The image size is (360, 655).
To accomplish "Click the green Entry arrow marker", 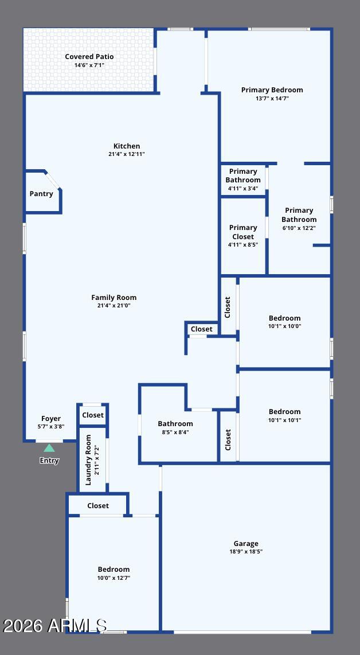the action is point(49,448).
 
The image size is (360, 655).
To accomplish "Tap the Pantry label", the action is point(41,194).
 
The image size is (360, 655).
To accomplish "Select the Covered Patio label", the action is point(89,57).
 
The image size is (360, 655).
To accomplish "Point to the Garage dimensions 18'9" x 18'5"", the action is point(246,551).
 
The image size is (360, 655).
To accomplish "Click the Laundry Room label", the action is point(88,460).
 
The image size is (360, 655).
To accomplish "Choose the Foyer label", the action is point(51,419).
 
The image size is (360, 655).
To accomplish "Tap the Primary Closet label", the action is point(243,232).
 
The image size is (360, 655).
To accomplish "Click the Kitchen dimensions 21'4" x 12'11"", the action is point(127,154).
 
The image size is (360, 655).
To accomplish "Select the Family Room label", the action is point(114,298).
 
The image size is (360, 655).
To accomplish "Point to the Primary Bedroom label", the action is point(272,90).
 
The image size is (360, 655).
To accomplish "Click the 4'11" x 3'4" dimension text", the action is point(243,188).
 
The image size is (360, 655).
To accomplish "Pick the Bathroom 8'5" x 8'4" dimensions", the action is point(175,432).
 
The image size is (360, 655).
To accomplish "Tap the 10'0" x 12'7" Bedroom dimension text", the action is point(114,578).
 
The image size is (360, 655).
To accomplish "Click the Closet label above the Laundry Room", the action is point(93,415).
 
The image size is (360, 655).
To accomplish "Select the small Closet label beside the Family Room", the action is point(202,329).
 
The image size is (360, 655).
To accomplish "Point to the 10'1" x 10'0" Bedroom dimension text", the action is point(284,326).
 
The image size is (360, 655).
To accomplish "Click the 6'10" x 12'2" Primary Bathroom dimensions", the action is point(299,228).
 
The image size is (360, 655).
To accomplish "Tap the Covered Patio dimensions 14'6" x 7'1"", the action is point(89,65).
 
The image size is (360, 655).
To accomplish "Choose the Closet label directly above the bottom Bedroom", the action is point(98,505).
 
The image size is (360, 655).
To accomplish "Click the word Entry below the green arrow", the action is point(49,461).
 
